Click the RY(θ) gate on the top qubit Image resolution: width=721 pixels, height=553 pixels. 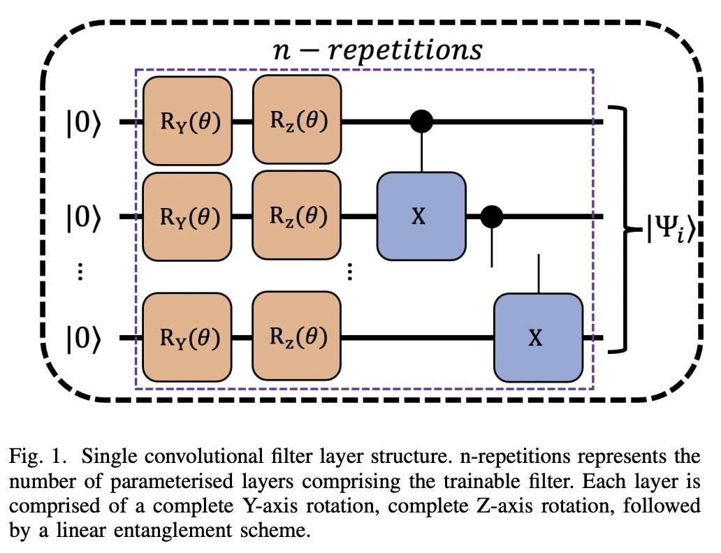[187, 121]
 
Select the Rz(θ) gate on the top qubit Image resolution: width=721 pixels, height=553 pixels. [297, 121]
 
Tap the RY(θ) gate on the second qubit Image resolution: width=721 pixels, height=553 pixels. [187, 217]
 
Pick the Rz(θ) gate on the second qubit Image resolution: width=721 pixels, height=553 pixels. [297, 217]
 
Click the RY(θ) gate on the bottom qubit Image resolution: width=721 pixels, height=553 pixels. [187, 338]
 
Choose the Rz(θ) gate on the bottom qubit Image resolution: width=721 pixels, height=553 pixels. [297, 338]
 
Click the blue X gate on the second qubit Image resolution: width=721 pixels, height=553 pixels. [421, 217]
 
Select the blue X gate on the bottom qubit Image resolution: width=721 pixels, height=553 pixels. [538, 338]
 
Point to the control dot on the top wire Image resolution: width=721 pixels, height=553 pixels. [421, 121]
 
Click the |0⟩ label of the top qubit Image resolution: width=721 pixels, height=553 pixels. [84, 122]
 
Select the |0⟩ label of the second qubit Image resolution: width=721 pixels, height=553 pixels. [84, 218]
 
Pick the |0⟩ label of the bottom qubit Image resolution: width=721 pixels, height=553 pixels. [84, 339]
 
